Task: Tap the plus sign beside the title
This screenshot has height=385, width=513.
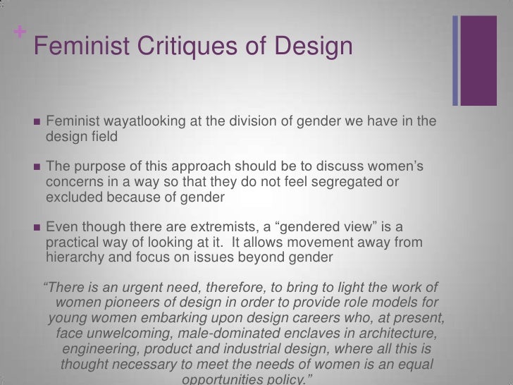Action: [17, 32]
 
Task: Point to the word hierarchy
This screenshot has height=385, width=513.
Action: [75, 257]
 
